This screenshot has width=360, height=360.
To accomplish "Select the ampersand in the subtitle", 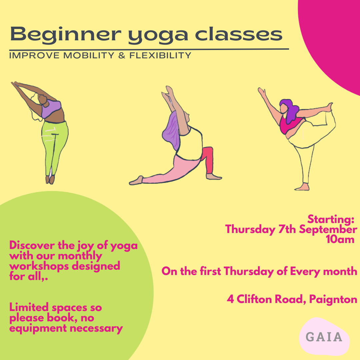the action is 122,55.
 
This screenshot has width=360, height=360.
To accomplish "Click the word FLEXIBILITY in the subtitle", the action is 160,55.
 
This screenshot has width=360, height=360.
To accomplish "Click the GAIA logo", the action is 324,337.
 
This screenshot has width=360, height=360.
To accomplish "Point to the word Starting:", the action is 331,219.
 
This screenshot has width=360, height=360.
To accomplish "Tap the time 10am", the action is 340,239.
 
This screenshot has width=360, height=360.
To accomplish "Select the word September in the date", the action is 328,229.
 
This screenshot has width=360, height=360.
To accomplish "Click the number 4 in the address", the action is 230,299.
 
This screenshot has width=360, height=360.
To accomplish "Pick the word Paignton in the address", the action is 333,299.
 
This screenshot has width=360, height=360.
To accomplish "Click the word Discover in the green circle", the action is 32,245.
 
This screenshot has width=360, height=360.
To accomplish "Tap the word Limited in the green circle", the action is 29,307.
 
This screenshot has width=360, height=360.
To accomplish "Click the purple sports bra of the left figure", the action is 51,109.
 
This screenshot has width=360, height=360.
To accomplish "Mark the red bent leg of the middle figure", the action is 208,160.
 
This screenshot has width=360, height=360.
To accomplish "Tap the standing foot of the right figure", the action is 302,187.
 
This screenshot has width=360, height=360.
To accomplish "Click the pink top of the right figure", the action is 290,125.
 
